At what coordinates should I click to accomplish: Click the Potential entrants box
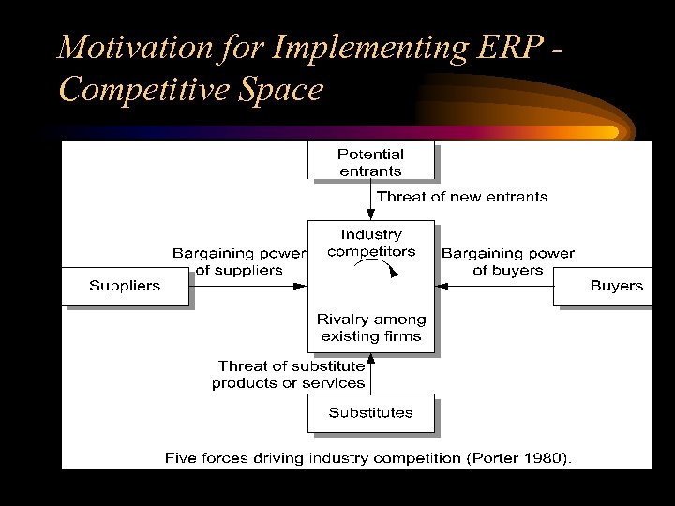371,162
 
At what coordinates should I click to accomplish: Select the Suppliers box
125,286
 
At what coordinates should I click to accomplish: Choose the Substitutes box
370,412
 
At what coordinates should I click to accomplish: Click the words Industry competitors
371,243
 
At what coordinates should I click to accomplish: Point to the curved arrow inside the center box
381,268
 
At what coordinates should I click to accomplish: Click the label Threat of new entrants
462,197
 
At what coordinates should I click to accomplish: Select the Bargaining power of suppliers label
239,261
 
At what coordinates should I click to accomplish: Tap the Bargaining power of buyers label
507,261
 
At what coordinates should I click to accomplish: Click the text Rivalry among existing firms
371,328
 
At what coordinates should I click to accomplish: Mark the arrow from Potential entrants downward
371,199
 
